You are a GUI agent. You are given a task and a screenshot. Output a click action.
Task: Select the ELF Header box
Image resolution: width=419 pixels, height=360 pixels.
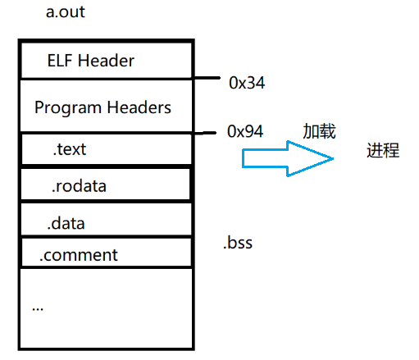pyautogui.click(x=105, y=60)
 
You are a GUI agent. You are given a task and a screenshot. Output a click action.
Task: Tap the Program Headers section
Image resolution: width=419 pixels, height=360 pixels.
pyautogui.click(x=105, y=107)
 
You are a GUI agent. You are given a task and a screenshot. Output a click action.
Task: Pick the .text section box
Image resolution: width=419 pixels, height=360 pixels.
pyautogui.click(x=105, y=150)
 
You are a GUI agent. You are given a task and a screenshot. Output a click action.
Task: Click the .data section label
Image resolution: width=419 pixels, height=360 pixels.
pyautogui.click(x=66, y=222)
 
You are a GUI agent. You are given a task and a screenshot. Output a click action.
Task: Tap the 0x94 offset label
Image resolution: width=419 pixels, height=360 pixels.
pyautogui.click(x=245, y=130)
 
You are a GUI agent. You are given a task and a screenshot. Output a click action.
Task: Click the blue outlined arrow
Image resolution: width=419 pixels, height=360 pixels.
pyautogui.click(x=287, y=156)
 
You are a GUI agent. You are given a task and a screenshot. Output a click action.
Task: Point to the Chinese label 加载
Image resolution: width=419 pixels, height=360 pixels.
pyautogui.click(x=320, y=131)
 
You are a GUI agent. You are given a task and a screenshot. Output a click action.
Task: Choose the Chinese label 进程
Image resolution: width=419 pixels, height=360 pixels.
pyautogui.click(x=383, y=150)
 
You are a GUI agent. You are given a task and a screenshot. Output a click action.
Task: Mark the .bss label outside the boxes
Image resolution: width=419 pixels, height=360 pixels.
pyautogui.click(x=238, y=243)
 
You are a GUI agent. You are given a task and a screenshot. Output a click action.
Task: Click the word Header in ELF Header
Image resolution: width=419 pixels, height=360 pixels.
pyautogui.click(x=107, y=60)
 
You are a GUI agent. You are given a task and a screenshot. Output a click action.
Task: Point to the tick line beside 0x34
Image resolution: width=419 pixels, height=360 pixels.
pyautogui.click(x=208, y=79)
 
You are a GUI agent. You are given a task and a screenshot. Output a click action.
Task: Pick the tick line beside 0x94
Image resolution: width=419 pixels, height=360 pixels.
pyautogui.click(x=208, y=133)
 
